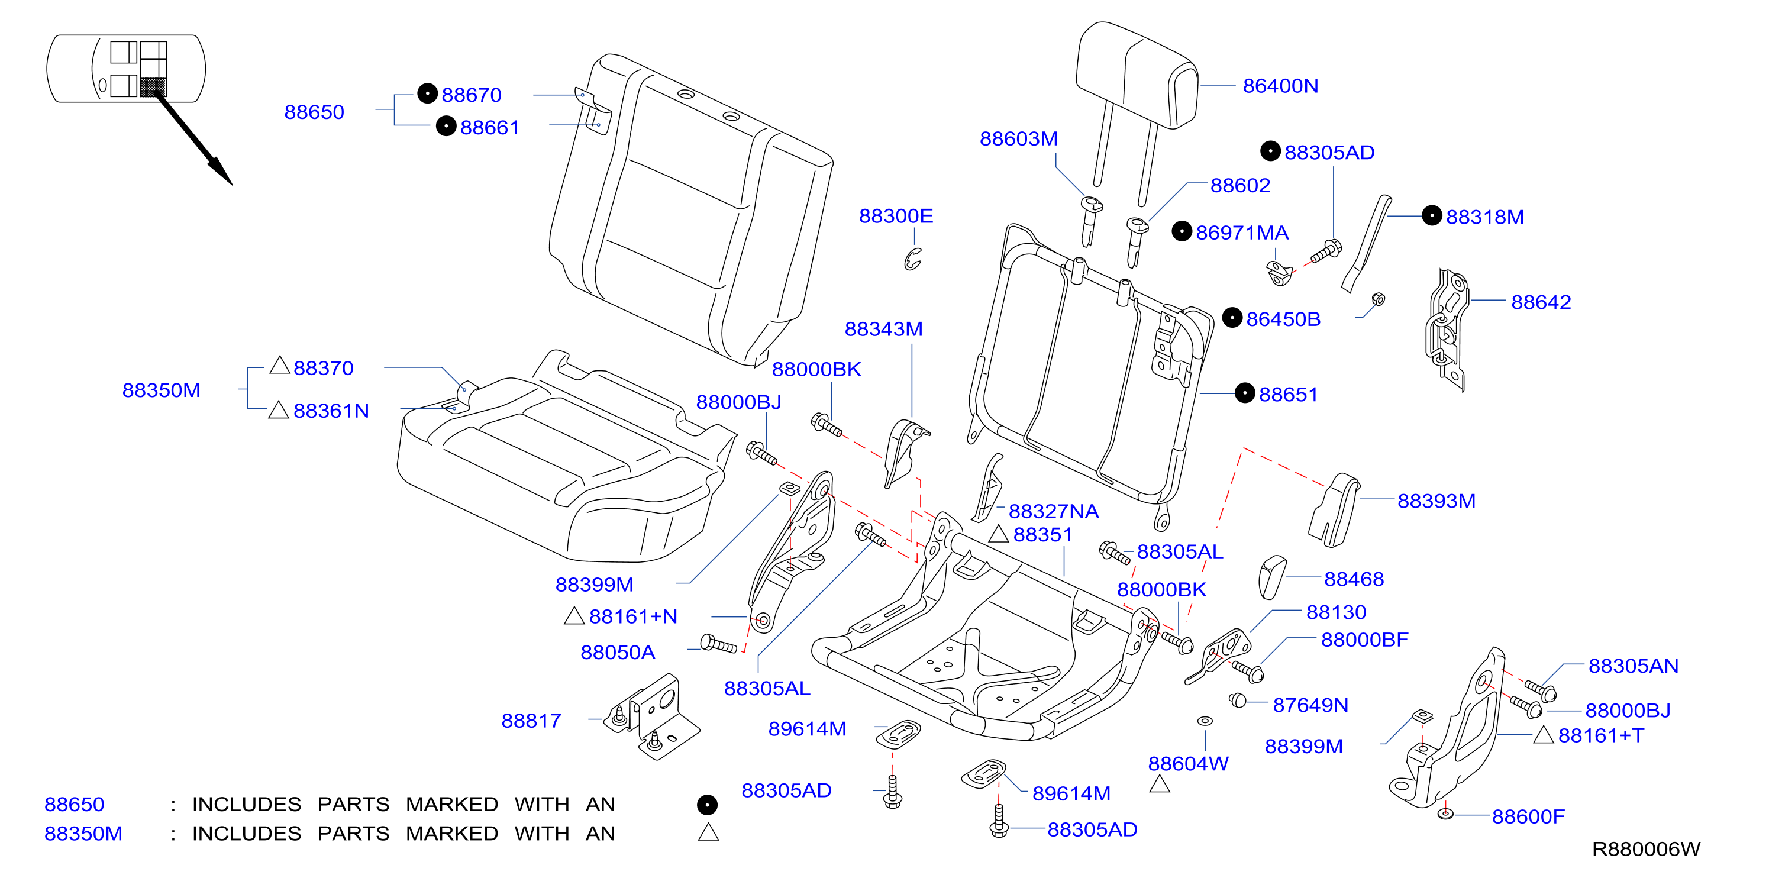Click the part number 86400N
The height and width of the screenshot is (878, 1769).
coord(1280,86)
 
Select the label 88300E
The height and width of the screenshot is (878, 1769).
coord(896,216)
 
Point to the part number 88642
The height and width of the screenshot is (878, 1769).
coord(1540,302)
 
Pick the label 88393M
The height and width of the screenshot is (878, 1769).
coord(1436,501)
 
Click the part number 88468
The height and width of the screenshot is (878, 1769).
coord(1354,579)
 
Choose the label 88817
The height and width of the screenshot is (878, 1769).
coord(531,721)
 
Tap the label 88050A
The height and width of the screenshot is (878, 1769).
coord(617,652)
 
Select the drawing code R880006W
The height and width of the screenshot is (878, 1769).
coord(1645,849)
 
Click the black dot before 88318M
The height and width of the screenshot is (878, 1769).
coord(1431,215)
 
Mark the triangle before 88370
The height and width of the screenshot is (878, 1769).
coord(279,365)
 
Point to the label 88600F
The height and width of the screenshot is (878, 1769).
coord(1528,816)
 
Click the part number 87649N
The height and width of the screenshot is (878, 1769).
coord(1310,705)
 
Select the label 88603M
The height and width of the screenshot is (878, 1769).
coord(1018,138)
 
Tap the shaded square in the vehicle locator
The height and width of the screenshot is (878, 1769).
coord(153,86)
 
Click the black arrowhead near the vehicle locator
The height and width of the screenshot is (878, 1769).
coord(221,171)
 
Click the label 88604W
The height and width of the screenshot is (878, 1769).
coord(1188,763)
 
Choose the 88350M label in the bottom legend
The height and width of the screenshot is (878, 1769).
coord(83,834)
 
